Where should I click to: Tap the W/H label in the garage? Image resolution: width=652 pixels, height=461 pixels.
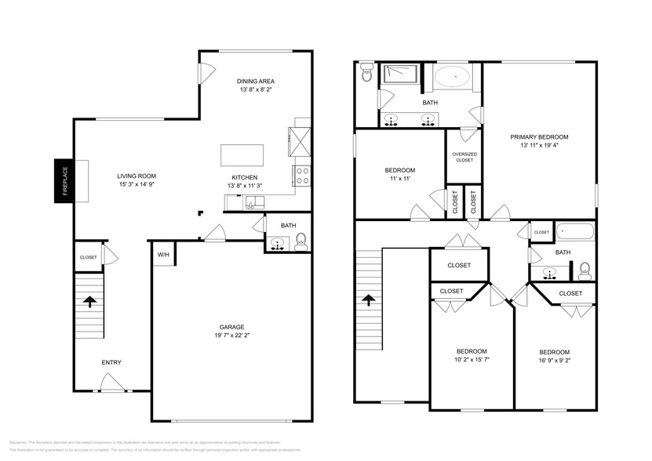click(163, 254)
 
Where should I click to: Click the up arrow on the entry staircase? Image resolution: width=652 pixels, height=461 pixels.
click(90, 301)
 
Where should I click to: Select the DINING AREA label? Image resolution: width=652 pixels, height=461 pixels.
click(256, 81)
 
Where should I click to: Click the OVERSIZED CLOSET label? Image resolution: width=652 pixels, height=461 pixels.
click(464, 157)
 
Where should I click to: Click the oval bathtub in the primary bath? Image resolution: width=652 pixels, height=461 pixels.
click(453, 77)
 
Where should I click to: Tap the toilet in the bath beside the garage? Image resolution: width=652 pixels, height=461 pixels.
click(300, 244)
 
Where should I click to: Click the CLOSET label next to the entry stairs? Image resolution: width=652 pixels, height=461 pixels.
click(88, 257)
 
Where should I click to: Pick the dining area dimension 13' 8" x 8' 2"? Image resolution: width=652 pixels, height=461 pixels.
click(256, 91)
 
